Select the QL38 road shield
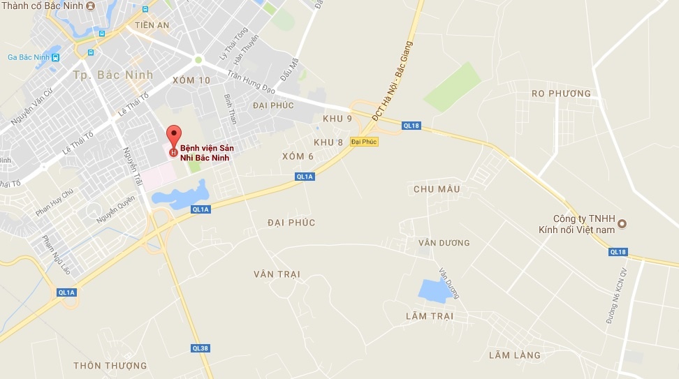click(200, 348)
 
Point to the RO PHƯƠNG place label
click(561, 94)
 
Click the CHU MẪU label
click(437, 189)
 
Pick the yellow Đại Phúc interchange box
click(364, 142)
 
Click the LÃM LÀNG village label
click(515, 355)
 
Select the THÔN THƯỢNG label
click(110, 366)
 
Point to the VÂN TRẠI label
click(277, 274)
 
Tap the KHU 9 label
click(337, 119)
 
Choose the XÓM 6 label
click(298, 156)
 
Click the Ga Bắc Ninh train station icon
click(55, 57)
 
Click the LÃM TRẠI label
click(429, 316)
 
